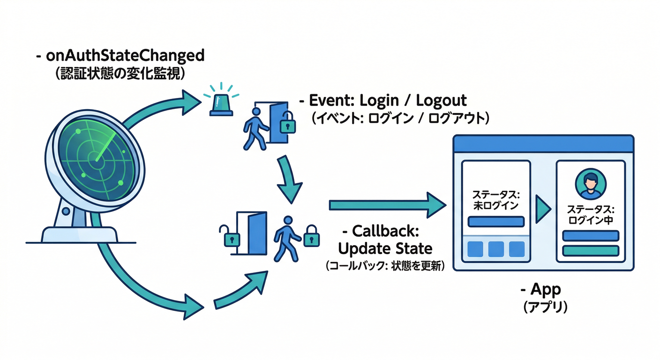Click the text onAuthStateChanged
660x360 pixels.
125,56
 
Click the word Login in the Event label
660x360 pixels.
379,100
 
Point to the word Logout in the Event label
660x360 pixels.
442,100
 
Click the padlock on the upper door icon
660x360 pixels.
289,124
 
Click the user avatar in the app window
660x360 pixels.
590,184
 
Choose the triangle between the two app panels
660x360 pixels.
543,210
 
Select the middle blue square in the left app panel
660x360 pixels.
496,249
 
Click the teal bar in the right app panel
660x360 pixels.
590,251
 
